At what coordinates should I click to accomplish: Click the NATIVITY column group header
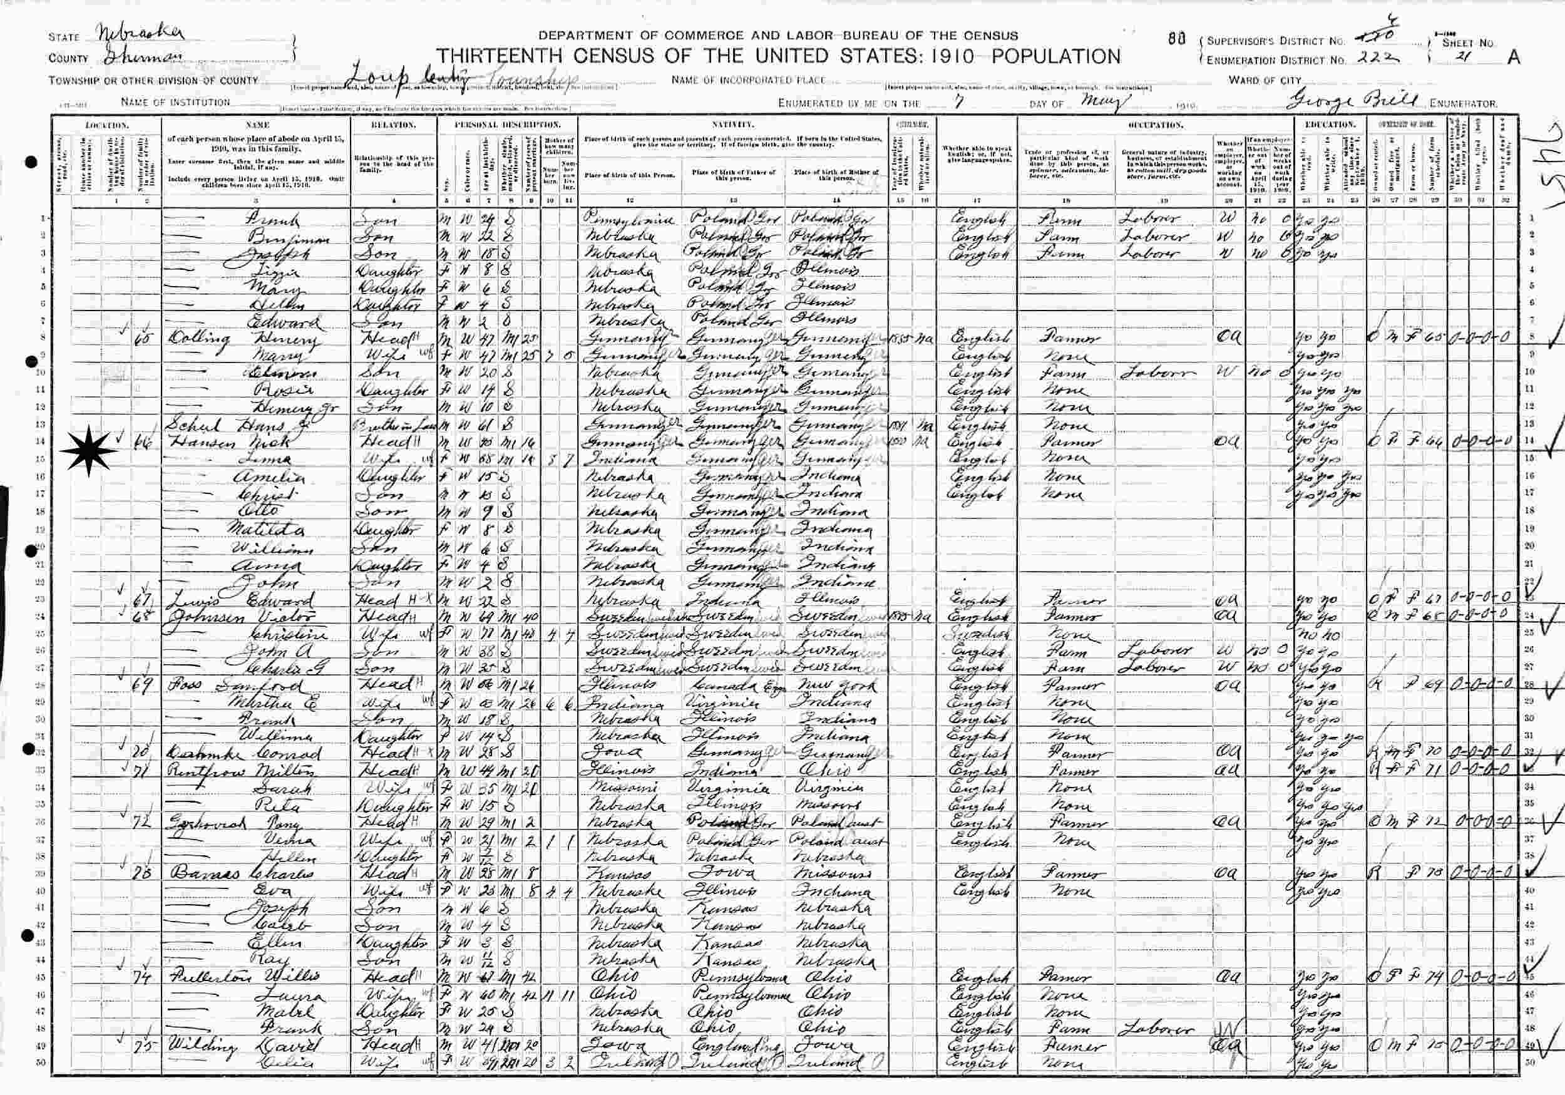[732, 125]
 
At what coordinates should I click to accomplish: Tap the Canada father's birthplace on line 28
[722, 684]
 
